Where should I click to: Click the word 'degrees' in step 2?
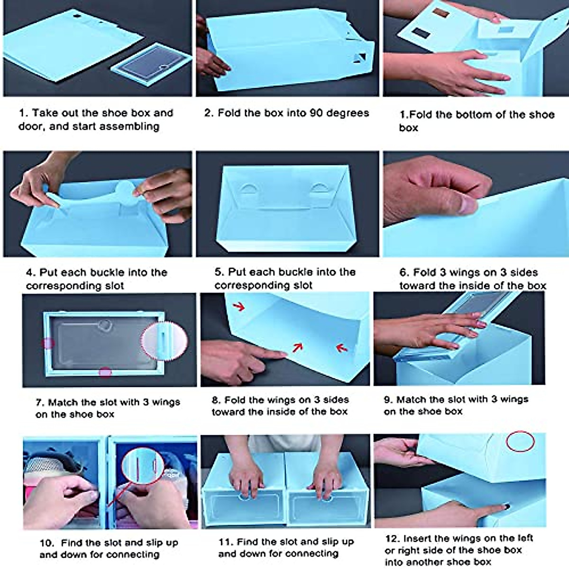coord(348,113)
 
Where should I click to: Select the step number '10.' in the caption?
coord(46,543)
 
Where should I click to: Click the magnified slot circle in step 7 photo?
coord(164,341)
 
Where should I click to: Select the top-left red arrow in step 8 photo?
coord(239,307)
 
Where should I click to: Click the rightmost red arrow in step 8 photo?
coord(342,348)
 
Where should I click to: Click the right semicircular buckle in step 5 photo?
coord(320,188)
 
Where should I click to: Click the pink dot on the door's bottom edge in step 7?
coord(105,372)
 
